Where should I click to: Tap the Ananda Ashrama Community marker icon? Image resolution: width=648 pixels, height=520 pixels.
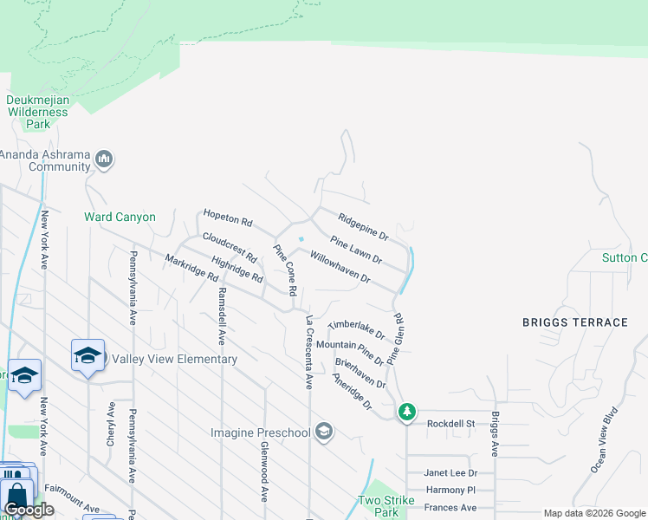click(105, 159)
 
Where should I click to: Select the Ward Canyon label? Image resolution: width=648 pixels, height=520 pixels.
click(120, 217)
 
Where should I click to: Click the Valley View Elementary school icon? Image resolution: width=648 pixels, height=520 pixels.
click(87, 356)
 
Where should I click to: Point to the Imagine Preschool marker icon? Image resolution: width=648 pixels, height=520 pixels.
click(324, 432)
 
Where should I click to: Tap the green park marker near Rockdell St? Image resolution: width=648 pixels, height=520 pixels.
click(407, 412)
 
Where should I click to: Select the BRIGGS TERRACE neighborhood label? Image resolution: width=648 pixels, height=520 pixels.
click(574, 322)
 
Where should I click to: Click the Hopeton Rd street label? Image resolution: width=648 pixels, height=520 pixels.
click(227, 218)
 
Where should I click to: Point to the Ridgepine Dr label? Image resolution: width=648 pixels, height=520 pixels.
click(363, 227)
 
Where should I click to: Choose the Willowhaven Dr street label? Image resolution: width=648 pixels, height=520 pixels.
click(340, 269)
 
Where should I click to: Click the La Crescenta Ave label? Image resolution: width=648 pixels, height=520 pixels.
click(308, 352)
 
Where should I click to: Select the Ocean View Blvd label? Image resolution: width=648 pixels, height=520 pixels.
click(604, 439)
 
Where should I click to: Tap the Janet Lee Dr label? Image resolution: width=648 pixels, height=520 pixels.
click(450, 473)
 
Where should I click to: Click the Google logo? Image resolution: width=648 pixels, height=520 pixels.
click(29, 510)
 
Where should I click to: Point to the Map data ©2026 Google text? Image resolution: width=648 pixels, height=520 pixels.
click(593, 513)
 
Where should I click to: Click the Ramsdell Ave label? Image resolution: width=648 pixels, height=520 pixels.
click(222, 316)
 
